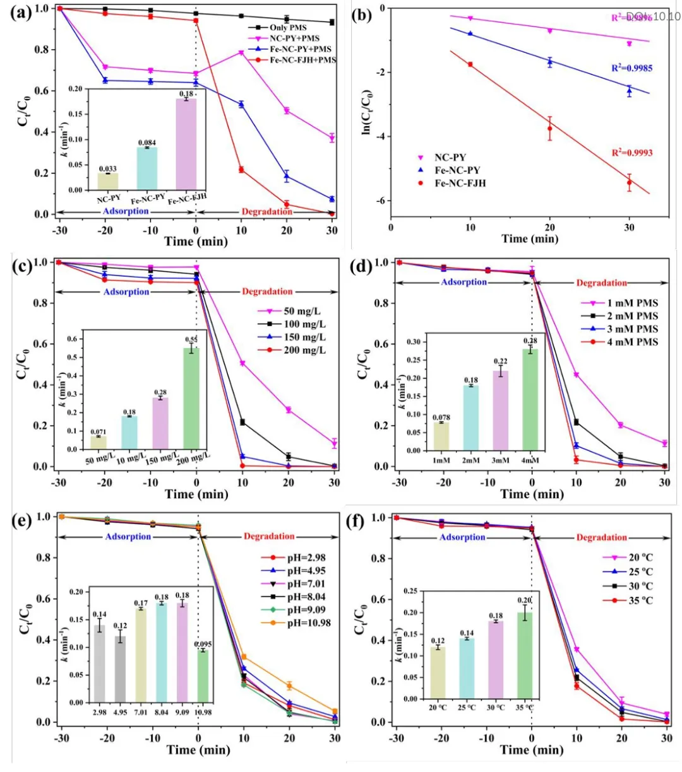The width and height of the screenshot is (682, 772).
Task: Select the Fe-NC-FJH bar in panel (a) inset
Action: point(186,144)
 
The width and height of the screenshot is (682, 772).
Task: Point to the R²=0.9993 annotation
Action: point(631,153)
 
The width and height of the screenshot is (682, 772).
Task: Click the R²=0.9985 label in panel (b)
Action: point(631,68)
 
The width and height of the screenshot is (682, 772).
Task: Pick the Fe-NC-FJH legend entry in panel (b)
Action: point(460,184)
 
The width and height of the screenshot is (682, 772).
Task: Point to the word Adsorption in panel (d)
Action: point(464,282)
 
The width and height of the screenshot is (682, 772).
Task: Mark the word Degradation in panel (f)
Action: point(601,537)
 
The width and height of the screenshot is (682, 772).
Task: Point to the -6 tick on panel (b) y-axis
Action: point(381,201)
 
